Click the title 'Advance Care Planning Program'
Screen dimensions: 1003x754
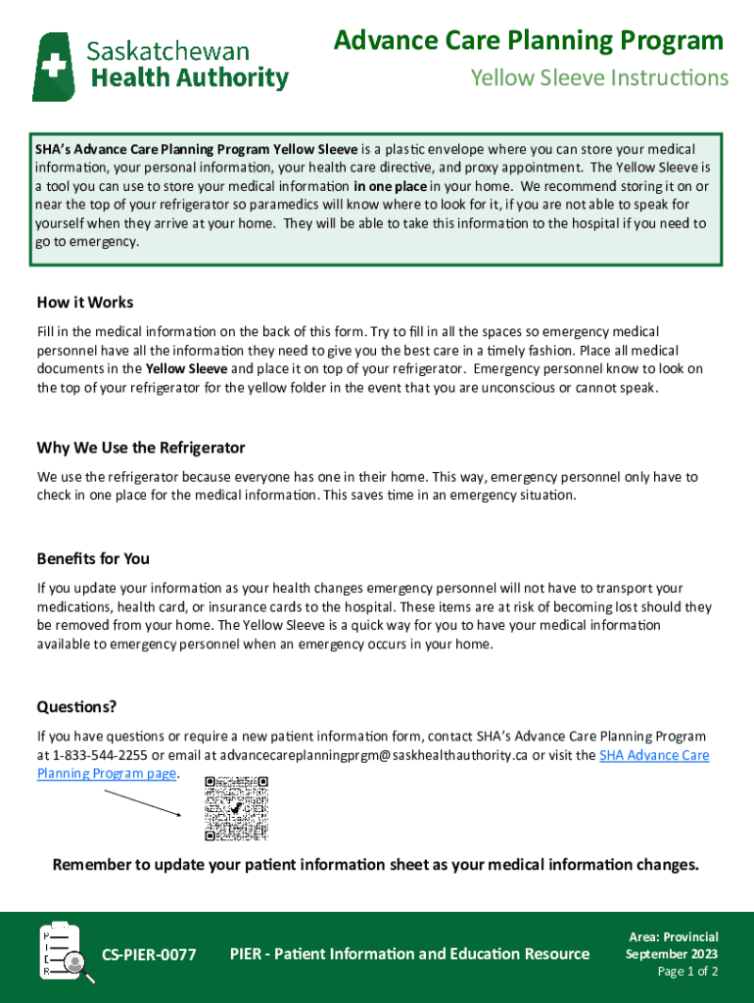click(528, 41)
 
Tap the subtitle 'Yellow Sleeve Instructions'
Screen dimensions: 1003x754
click(599, 77)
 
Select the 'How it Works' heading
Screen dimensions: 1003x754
click(85, 303)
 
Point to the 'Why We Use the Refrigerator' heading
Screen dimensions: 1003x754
click(141, 448)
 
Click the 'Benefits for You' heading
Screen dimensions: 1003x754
click(93, 558)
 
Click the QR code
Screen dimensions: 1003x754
click(236, 808)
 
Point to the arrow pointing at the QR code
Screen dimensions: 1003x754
click(142, 804)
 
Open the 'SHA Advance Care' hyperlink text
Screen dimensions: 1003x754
click(653, 755)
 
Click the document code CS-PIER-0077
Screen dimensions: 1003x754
click(149, 954)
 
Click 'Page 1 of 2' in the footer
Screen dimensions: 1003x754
click(687, 972)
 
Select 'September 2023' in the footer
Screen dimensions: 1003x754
click(672, 954)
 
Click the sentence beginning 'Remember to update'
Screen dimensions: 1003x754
click(376, 865)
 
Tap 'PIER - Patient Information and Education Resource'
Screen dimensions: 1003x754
click(409, 954)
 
